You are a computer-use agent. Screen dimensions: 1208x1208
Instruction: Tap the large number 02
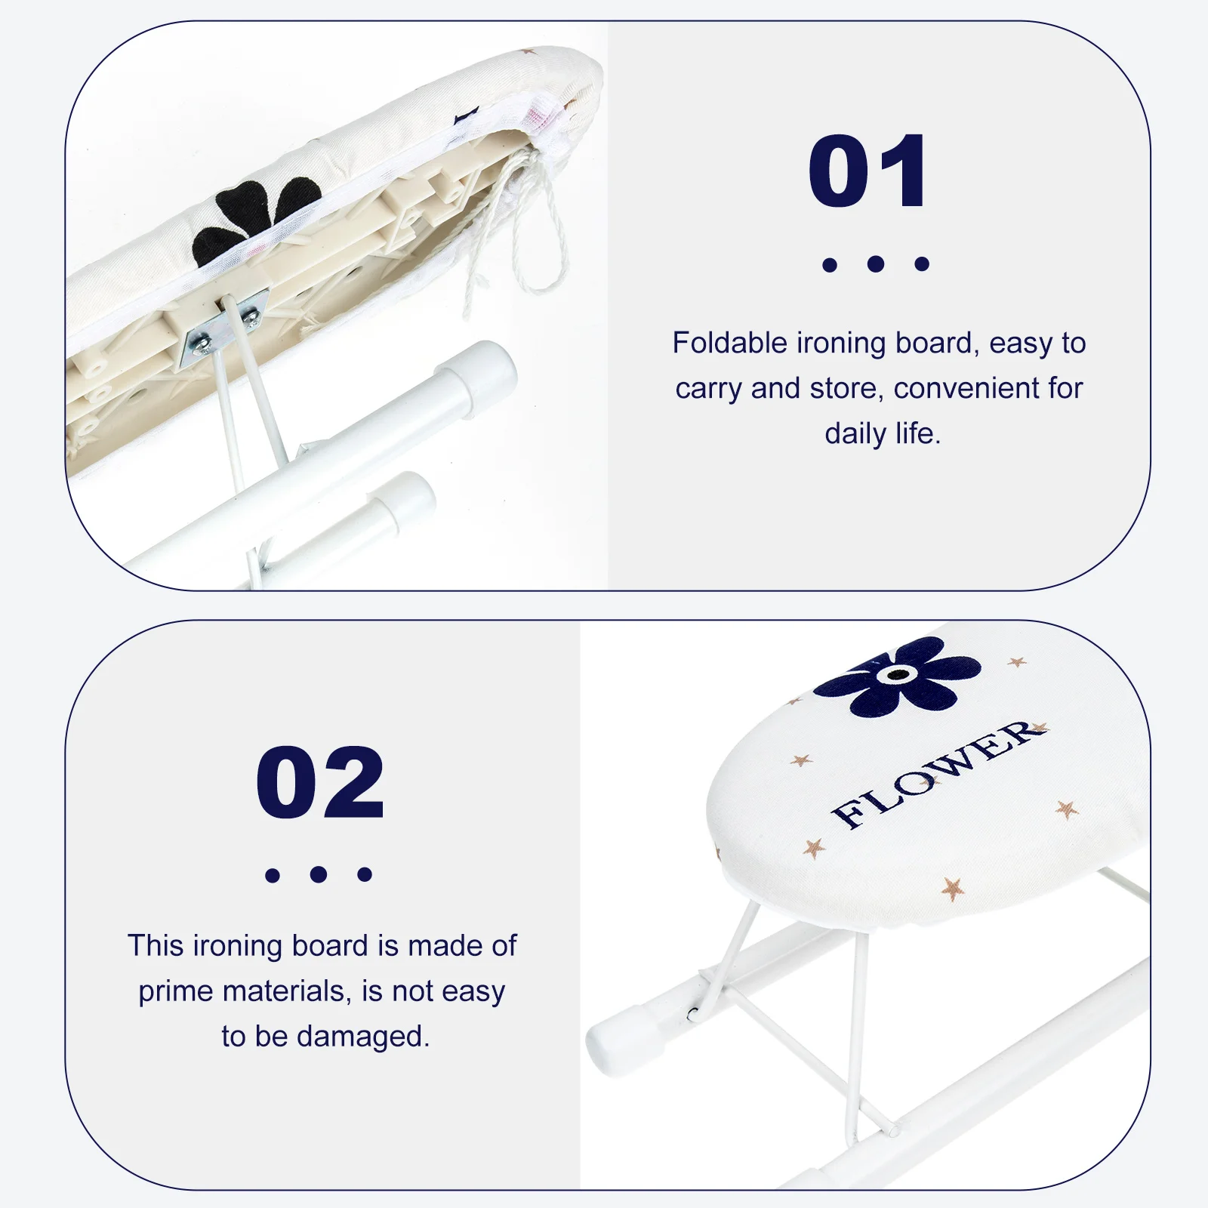(320, 782)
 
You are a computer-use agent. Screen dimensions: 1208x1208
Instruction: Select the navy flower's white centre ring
(898, 674)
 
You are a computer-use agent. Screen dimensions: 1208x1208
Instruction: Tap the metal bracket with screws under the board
(224, 326)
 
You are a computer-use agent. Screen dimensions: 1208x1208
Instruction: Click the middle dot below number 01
(876, 263)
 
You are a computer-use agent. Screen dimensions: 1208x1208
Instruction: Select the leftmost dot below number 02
(273, 875)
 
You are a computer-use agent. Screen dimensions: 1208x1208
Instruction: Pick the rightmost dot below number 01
(922, 263)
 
